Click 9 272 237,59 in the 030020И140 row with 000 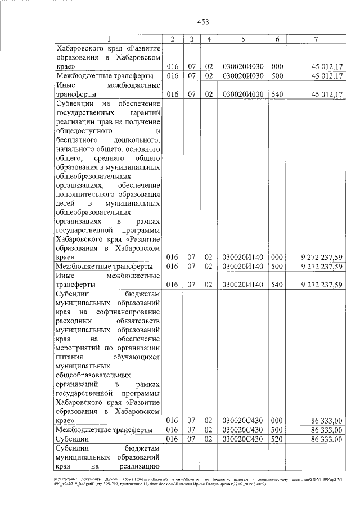click(322, 257)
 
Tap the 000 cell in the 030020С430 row click(277, 420)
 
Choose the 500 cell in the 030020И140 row click(277, 266)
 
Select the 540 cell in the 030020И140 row click(277, 285)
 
